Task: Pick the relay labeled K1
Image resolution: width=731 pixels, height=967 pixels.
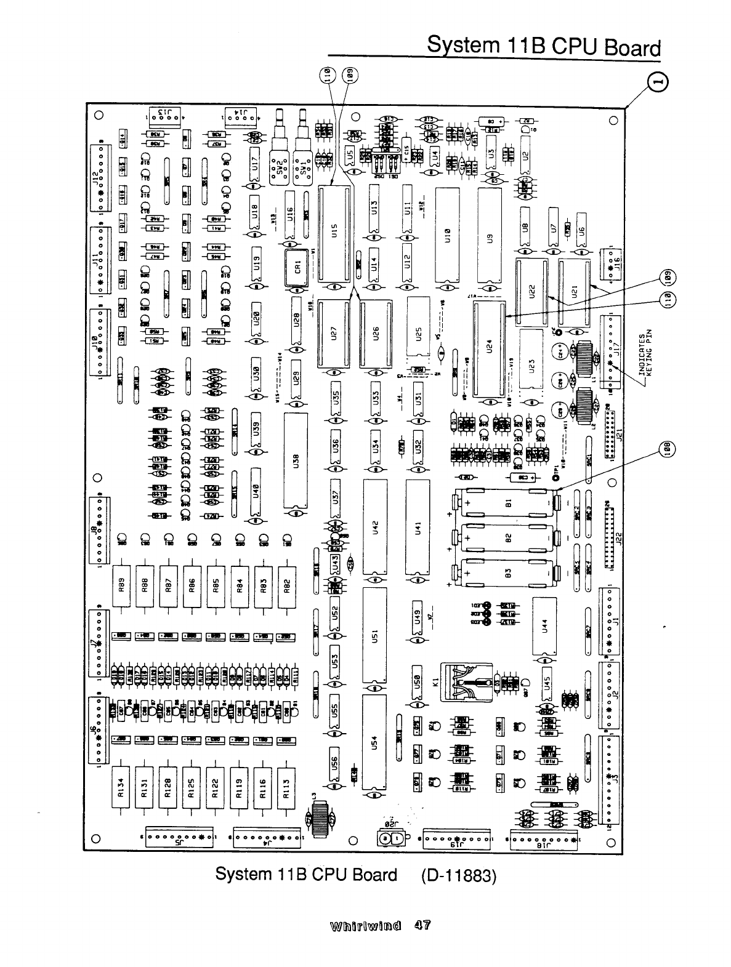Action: click(467, 683)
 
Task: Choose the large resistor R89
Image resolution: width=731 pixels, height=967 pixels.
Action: click(122, 587)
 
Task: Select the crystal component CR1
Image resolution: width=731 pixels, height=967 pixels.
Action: click(297, 268)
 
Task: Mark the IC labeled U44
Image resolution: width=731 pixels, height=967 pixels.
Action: click(544, 625)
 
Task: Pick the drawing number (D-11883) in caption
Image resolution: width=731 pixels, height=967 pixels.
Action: click(459, 875)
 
